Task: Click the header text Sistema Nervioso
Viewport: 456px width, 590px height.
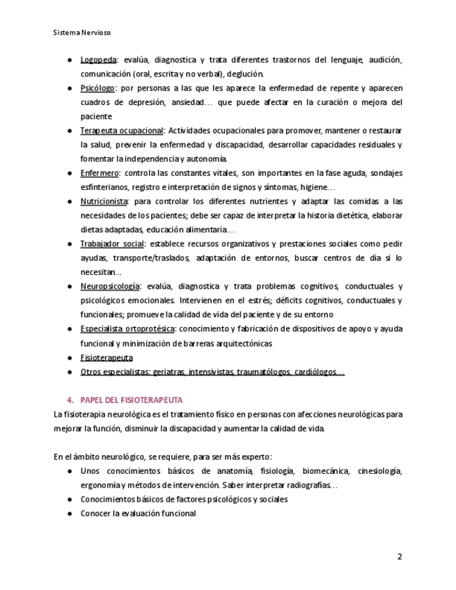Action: (x=82, y=33)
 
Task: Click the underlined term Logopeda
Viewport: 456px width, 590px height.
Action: (x=98, y=60)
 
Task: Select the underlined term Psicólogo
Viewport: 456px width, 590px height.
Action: (x=97, y=88)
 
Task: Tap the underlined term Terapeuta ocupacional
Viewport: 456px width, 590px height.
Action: (x=121, y=131)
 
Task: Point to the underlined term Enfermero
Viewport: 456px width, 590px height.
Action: (x=100, y=173)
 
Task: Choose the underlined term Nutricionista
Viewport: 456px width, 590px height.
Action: (x=104, y=201)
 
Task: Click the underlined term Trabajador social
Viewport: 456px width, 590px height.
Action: (x=111, y=244)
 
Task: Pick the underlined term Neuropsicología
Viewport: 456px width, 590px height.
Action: (x=110, y=287)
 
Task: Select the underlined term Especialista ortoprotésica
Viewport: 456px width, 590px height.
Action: (x=127, y=329)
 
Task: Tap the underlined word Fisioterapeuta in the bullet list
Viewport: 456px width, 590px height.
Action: (x=107, y=358)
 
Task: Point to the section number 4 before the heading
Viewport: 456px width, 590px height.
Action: (x=70, y=400)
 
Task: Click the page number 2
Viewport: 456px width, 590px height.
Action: (x=400, y=557)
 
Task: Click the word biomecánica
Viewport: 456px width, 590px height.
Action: (x=327, y=471)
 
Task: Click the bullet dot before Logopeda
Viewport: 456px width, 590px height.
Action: (x=70, y=60)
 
